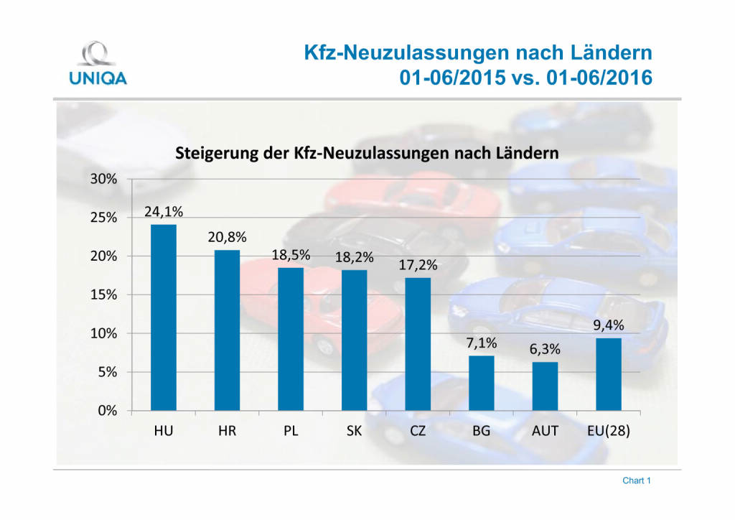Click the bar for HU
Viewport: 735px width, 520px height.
pyautogui.click(x=163, y=317)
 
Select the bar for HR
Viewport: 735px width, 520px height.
pyautogui.click(x=227, y=330)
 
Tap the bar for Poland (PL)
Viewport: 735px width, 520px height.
pyautogui.click(x=291, y=339)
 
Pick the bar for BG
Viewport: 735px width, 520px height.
pyautogui.click(x=482, y=383)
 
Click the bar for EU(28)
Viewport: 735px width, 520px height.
pyautogui.click(x=609, y=374)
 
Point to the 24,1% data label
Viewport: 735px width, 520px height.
pyautogui.click(x=163, y=211)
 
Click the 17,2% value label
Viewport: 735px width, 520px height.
pyautogui.click(x=418, y=265)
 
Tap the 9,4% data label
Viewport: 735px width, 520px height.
pyautogui.click(x=609, y=325)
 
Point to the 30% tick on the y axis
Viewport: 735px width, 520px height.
pyautogui.click(x=103, y=179)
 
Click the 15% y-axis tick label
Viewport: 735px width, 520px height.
pyautogui.click(x=103, y=294)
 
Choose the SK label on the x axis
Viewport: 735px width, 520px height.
pyautogui.click(x=354, y=431)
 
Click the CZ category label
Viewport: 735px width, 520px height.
pyautogui.click(x=418, y=431)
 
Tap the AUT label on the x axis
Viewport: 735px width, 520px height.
pyautogui.click(x=545, y=431)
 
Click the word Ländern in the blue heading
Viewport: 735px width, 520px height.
pyautogui.click(x=607, y=52)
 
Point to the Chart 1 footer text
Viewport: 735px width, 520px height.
pyautogui.click(x=636, y=480)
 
